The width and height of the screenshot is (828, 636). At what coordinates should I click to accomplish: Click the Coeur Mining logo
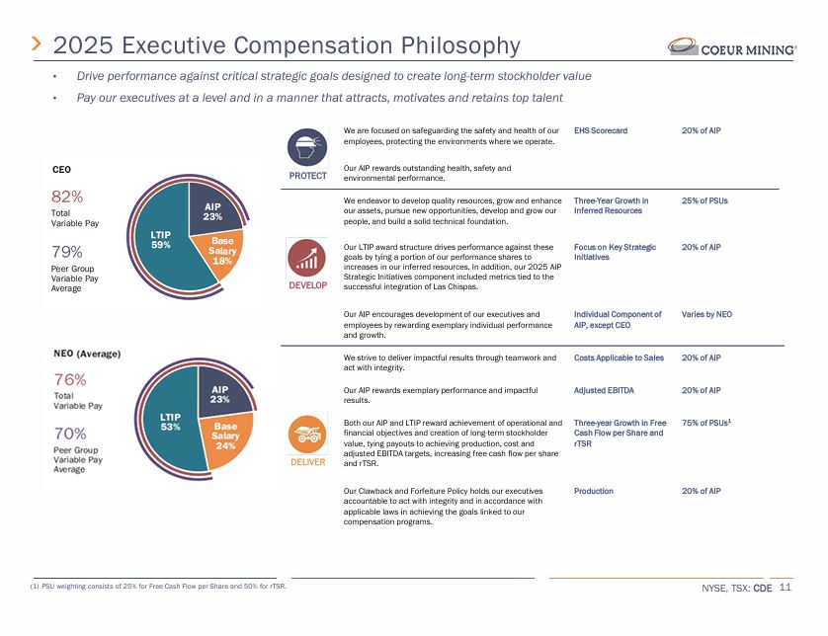(732, 47)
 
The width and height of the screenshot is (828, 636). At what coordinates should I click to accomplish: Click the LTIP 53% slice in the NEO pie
(170, 423)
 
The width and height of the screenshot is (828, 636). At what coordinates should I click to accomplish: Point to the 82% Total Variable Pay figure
(67, 197)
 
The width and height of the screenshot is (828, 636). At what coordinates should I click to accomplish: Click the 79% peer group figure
(66, 252)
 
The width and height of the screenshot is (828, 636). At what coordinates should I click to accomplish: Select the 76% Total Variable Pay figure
(70, 379)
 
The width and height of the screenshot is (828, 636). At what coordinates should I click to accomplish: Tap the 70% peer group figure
(70, 434)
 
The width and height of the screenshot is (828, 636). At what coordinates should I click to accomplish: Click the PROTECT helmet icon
(307, 147)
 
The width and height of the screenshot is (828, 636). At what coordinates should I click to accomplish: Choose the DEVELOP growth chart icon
(307, 258)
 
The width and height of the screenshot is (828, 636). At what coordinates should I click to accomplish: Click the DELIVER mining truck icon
(307, 435)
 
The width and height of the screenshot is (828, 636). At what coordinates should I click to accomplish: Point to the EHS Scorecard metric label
(601, 130)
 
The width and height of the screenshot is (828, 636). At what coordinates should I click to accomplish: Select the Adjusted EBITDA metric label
(604, 390)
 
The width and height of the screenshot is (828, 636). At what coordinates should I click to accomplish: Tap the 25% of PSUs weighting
(704, 200)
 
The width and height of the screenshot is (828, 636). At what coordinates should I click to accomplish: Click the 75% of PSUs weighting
(706, 423)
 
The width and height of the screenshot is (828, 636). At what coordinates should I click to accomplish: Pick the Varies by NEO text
(706, 314)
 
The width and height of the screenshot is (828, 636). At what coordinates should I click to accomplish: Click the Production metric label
(594, 491)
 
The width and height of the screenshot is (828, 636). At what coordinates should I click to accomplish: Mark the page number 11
(786, 587)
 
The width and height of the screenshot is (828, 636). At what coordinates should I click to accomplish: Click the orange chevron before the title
(37, 43)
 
